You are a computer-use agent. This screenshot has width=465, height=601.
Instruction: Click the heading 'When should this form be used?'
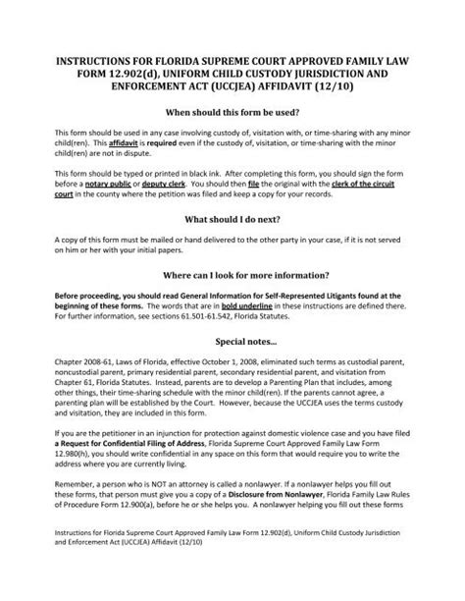(x=232, y=112)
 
